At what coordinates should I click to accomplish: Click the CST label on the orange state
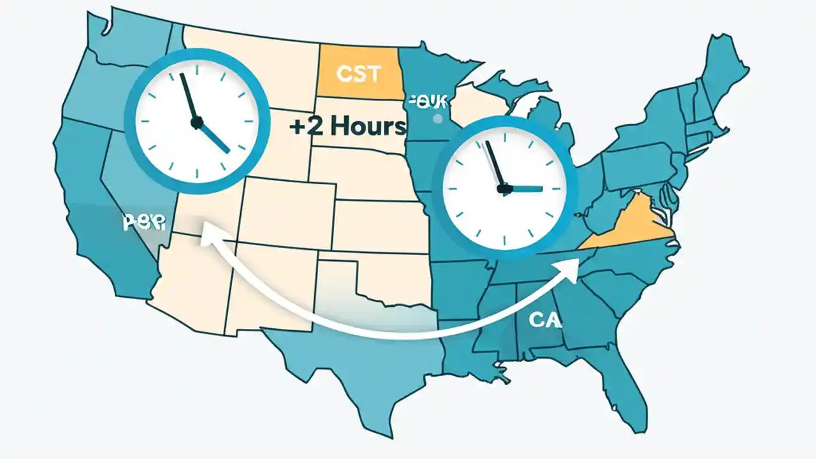pos(358,74)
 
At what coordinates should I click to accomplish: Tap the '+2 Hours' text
pos(347,126)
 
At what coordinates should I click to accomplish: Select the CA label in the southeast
pos(544,320)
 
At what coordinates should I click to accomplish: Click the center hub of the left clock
pos(196,120)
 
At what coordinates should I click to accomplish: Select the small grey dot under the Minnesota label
pos(437,119)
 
